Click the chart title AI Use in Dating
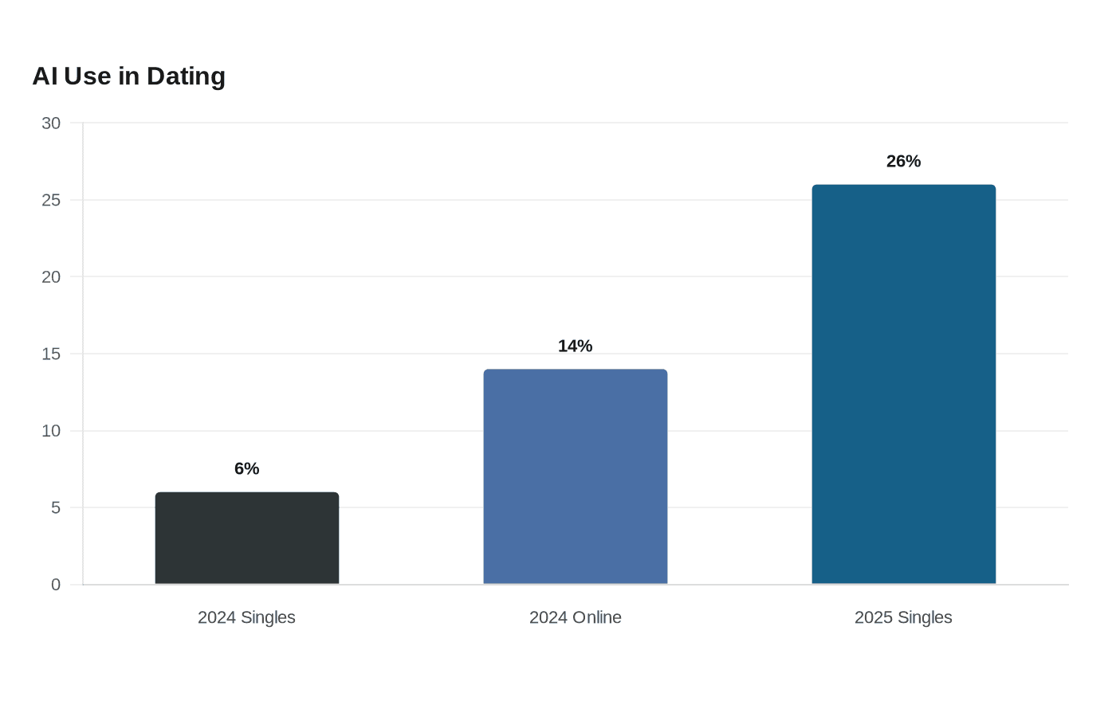tap(129, 76)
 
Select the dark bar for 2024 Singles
tap(247, 538)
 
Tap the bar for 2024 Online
tap(576, 476)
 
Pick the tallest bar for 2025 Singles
tap(904, 384)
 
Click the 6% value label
tap(246, 468)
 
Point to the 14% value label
tap(575, 346)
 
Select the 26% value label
tap(903, 161)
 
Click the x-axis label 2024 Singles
tap(246, 617)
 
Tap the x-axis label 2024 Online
tap(575, 617)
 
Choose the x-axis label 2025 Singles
tap(903, 617)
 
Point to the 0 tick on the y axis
tap(56, 585)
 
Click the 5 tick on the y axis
tap(56, 508)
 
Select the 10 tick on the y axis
tap(51, 431)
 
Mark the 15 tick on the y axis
tap(51, 354)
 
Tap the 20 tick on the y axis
tap(51, 277)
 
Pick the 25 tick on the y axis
tap(51, 200)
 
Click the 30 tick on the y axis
tap(51, 123)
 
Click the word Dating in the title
tap(187, 77)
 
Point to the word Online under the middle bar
tap(596, 617)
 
